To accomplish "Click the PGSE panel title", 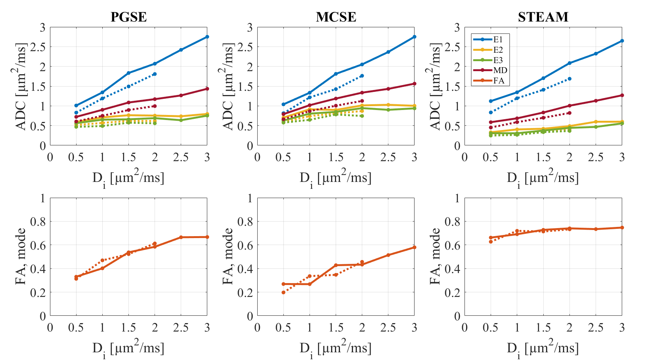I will point(128,17).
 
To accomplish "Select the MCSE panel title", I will point(336,17).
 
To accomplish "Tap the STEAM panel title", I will point(543,17).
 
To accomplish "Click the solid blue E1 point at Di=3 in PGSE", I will point(207,37).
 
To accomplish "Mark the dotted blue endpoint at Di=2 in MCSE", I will point(362,76).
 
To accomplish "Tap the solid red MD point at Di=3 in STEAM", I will point(622,95).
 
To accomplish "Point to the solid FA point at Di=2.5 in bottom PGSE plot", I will point(181,237).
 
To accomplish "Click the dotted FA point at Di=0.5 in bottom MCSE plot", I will point(283,292).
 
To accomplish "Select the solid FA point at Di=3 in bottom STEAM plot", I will point(622,228).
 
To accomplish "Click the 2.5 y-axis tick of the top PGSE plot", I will point(41,47).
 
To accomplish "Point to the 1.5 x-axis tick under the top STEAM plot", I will point(543,157).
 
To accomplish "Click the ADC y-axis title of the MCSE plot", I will point(228,86).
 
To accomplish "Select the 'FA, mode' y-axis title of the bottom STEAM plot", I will point(435,256).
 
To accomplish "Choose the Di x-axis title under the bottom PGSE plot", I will point(128,348).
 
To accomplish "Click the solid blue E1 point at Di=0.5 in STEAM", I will point(491,101).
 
